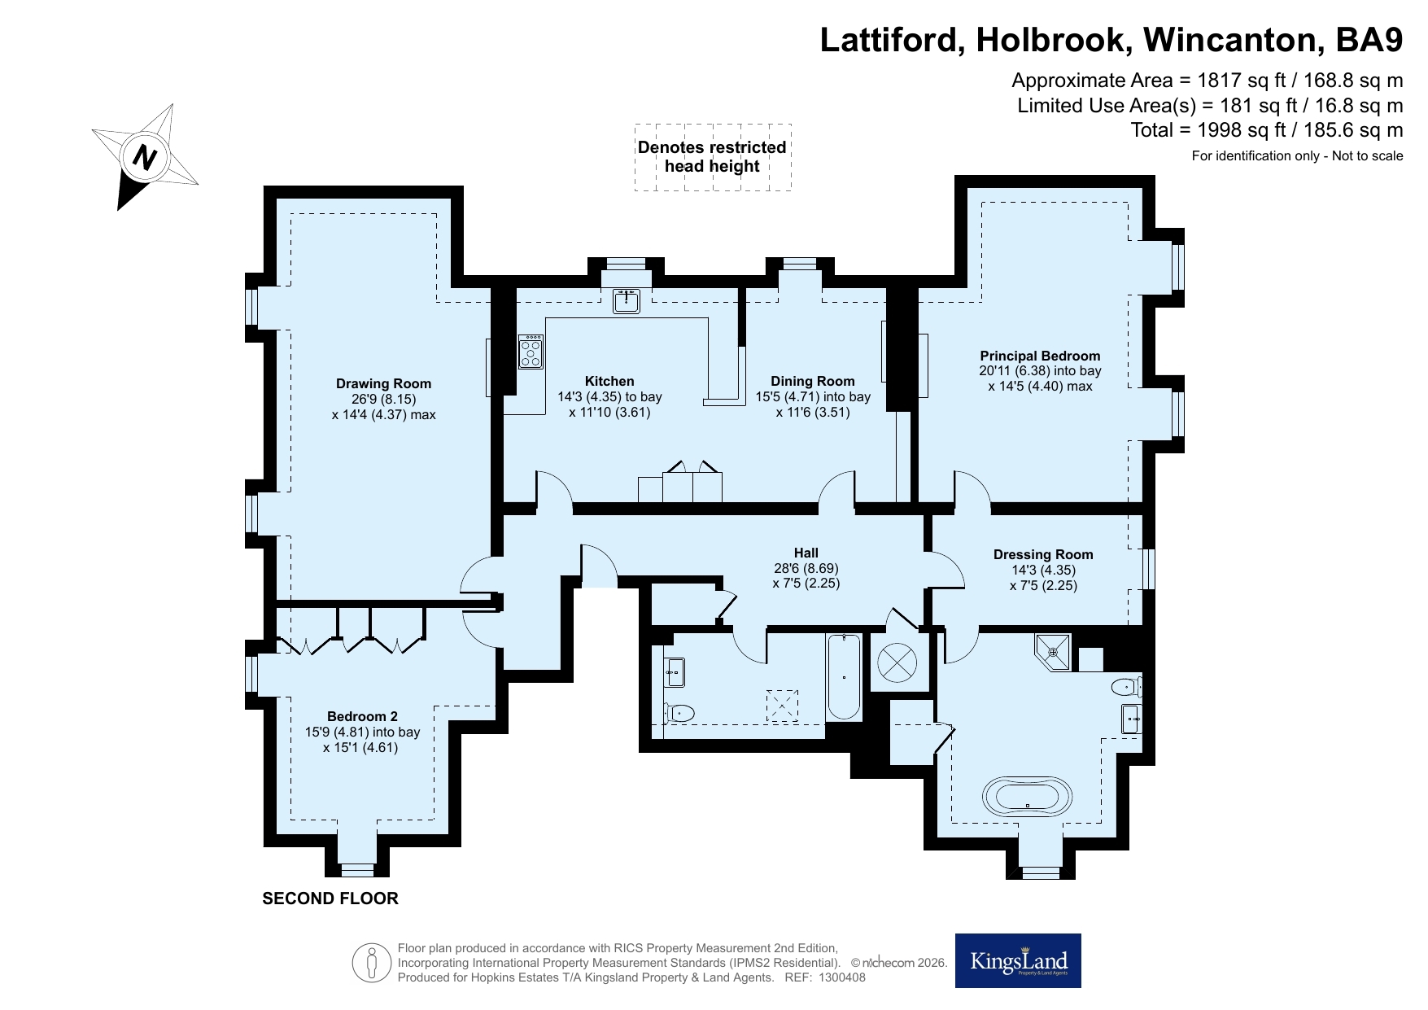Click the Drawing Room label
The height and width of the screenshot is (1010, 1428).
(x=383, y=384)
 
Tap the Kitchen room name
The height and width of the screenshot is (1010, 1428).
(x=609, y=381)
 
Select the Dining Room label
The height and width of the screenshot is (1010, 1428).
(x=813, y=381)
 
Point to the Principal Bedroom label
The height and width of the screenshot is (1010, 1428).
(x=1040, y=356)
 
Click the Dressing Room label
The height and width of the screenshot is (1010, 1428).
(x=1043, y=555)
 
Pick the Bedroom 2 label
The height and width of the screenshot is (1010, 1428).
(x=362, y=717)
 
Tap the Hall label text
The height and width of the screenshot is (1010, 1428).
(x=806, y=553)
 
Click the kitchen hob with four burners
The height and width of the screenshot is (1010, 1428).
(x=531, y=352)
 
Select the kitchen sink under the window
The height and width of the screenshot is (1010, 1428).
(x=627, y=300)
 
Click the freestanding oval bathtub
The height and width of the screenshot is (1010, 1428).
(x=1028, y=795)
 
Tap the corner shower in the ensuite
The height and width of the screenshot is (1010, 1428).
(x=1055, y=650)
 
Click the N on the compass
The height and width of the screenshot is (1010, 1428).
(x=145, y=155)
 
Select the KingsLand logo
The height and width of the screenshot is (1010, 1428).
(x=1018, y=960)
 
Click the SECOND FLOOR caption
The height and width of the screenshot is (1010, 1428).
(x=330, y=899)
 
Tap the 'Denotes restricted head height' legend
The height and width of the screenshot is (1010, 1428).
(x=712, y=157)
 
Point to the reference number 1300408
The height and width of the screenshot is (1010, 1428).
(x=841, y=977)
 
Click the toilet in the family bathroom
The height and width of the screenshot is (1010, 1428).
(x=679, y=714)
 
